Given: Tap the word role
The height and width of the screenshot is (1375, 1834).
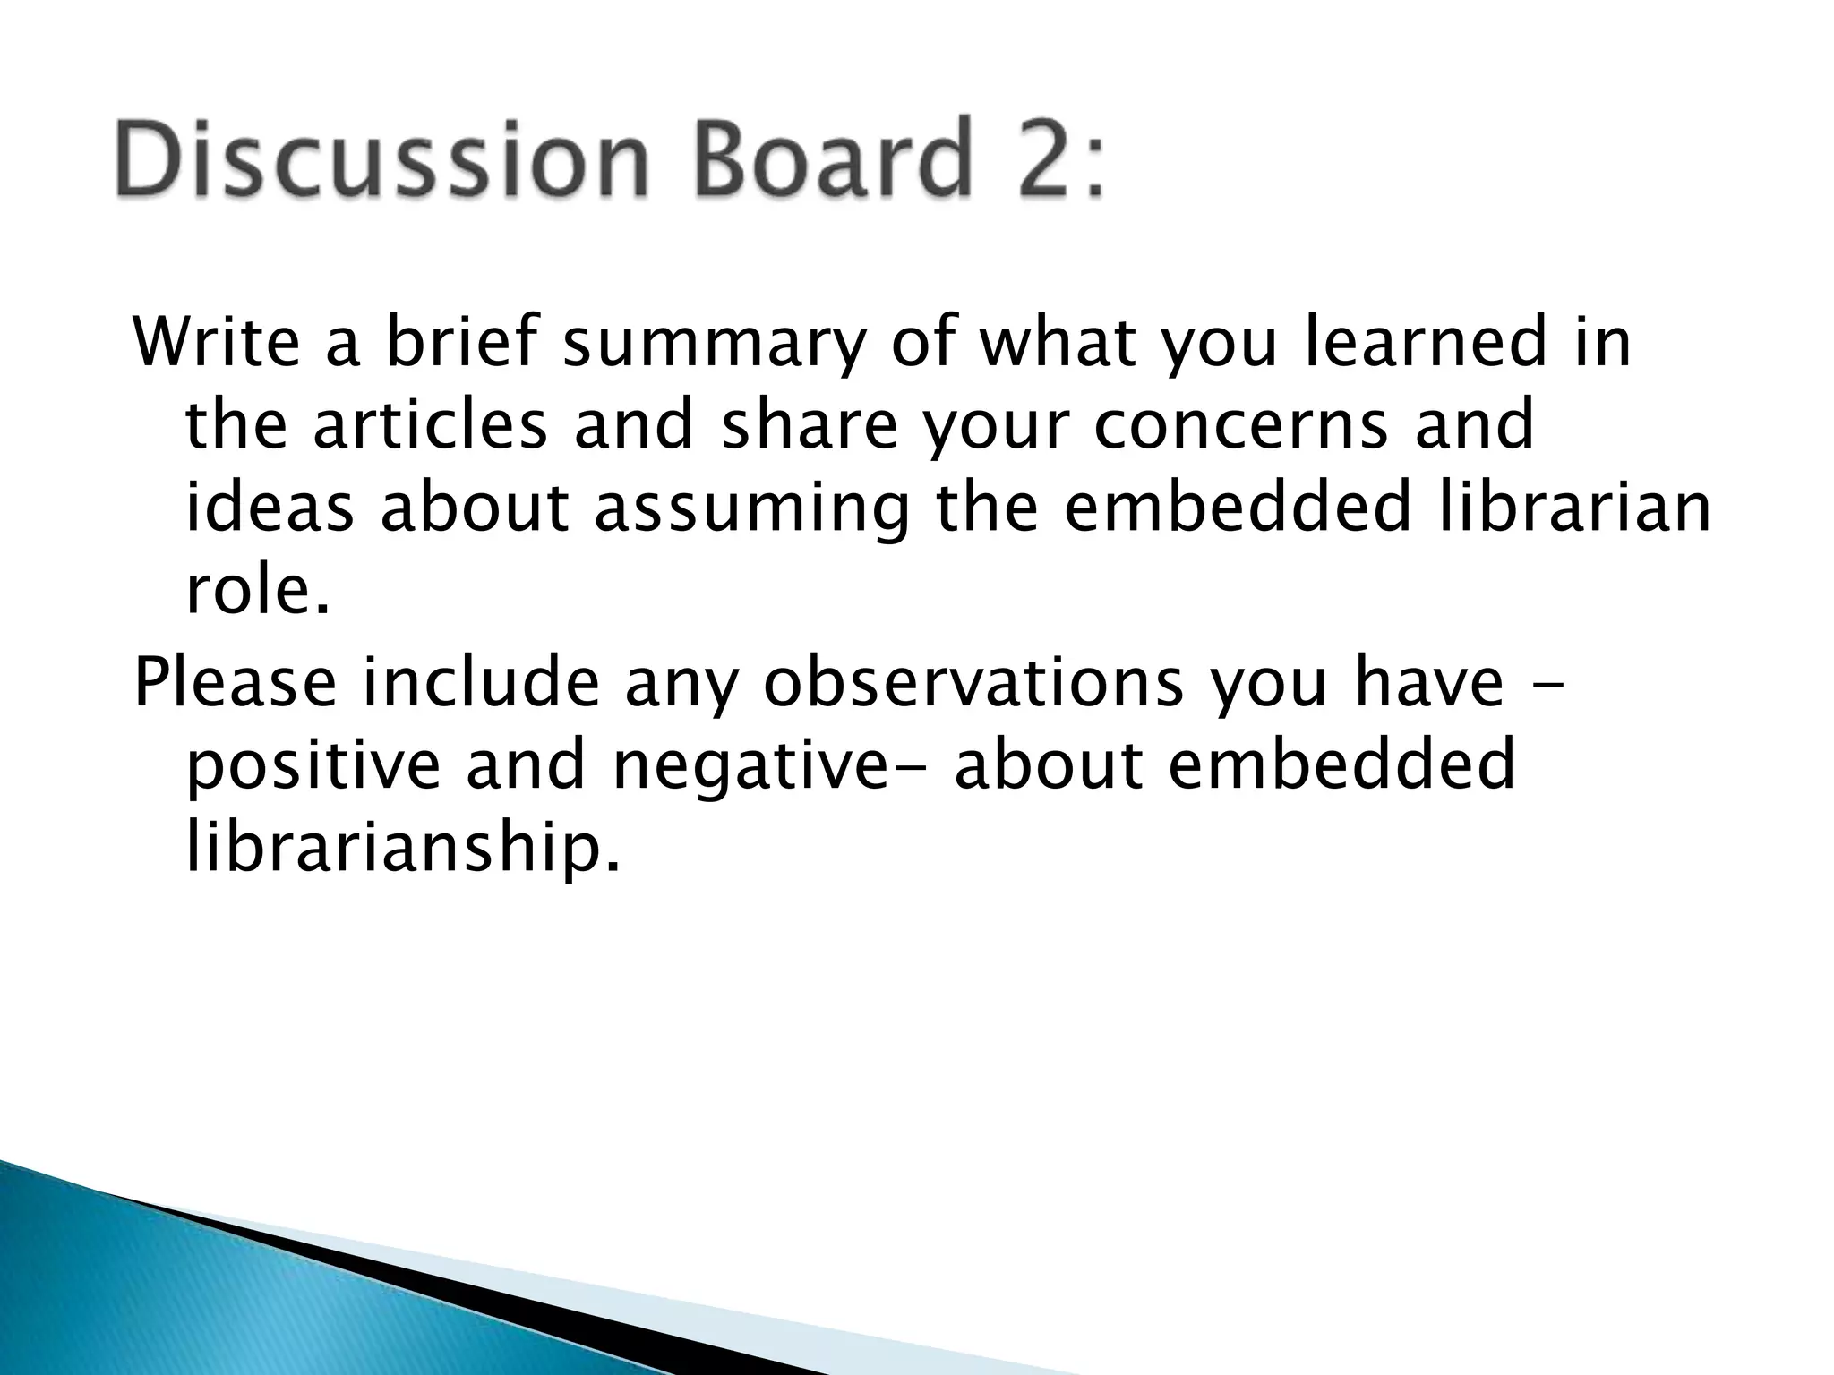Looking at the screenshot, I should (256, 590).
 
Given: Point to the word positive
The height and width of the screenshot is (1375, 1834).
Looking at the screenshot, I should (313, 766).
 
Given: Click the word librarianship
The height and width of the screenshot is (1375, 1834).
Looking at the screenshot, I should (402, 848).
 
